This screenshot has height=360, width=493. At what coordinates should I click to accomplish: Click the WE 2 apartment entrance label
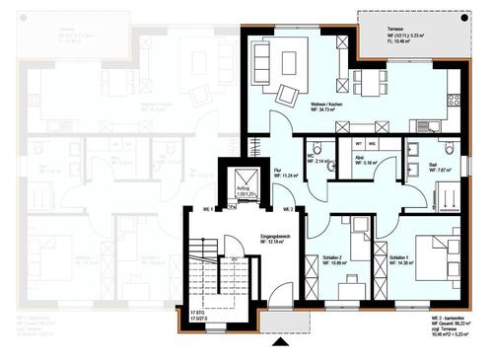point(288,210)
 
